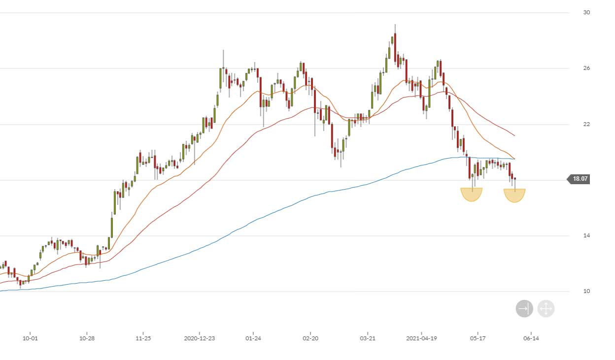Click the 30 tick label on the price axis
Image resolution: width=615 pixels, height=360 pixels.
586,12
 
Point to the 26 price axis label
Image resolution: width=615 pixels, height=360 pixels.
586,68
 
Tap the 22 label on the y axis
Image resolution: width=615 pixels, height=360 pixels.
586,124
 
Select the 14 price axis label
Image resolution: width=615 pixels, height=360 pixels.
586,235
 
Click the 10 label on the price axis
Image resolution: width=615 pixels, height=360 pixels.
586,291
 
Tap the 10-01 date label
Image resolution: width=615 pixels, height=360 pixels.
31,338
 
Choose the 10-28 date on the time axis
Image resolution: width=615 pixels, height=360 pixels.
87,338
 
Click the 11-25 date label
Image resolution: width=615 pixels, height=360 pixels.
143,338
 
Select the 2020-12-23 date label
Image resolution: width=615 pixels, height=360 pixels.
199,338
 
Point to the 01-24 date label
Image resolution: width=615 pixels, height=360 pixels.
253,338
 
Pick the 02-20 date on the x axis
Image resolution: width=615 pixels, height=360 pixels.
310,338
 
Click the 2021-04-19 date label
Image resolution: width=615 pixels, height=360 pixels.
421,338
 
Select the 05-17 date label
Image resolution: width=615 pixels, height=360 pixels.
478,338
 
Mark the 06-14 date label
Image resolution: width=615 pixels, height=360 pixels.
531,338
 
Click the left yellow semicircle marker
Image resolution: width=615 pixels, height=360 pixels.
472,194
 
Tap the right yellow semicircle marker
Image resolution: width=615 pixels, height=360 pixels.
514,195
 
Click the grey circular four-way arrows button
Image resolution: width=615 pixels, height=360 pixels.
546,309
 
